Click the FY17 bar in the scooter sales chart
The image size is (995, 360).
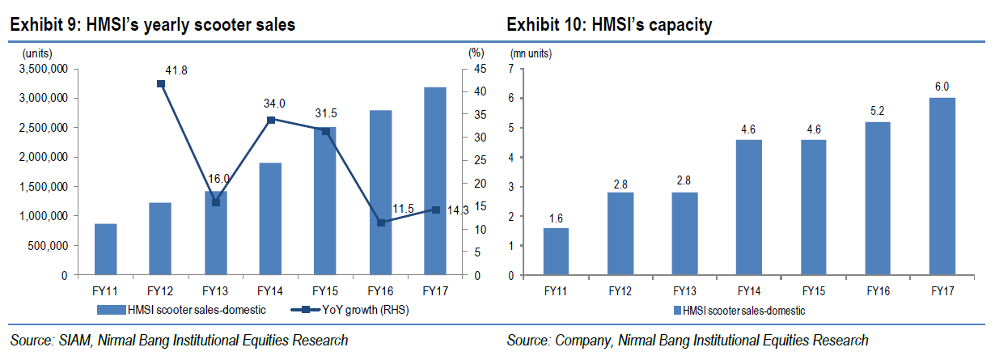coord(434,181)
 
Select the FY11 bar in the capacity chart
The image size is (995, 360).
coord(556,252)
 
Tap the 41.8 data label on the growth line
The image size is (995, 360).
coord(176,71)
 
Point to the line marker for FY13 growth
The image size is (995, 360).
coord(216,201)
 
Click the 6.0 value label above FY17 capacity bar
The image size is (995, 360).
coord(941,86)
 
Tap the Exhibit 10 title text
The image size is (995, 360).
coord(609,25)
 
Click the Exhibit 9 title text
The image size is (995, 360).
coord(152,25)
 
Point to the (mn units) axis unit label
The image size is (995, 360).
coord(531,53)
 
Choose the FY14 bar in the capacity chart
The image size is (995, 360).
coord(748,208)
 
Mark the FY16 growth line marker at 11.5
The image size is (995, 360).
coord(381,222)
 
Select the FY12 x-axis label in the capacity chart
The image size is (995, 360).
coord(620,289)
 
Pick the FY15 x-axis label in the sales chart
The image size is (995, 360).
coord(325,289)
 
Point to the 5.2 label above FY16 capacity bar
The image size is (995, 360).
coord(877,110)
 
